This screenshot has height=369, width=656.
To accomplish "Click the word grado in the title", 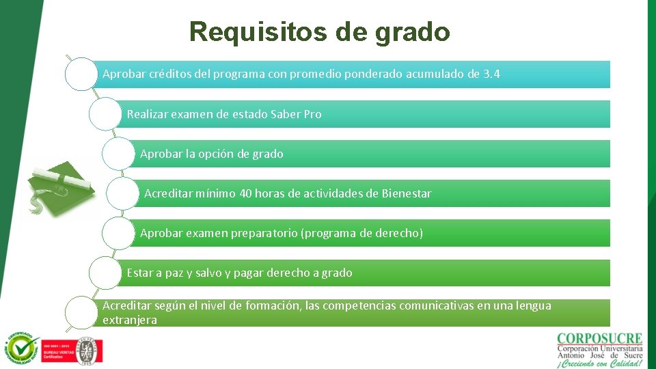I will [x=413, y=32].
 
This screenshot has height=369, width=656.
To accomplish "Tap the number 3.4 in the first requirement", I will [x=491, y=74].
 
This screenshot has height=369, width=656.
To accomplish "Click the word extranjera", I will [x=130, y=320].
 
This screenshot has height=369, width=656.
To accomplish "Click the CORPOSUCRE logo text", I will [x=599, y=338].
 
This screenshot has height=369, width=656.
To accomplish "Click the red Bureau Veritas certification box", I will [x=57, y=349].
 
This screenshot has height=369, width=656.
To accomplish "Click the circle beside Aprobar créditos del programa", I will [x=81, y=74].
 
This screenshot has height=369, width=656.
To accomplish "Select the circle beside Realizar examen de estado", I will [x=105, y=113].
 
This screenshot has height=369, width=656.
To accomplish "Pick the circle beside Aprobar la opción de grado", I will [x=119, y=153].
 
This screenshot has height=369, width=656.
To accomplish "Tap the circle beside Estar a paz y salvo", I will [x=105, y=273].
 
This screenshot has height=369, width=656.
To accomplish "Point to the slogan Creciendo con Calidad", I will [x=599, y=363].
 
